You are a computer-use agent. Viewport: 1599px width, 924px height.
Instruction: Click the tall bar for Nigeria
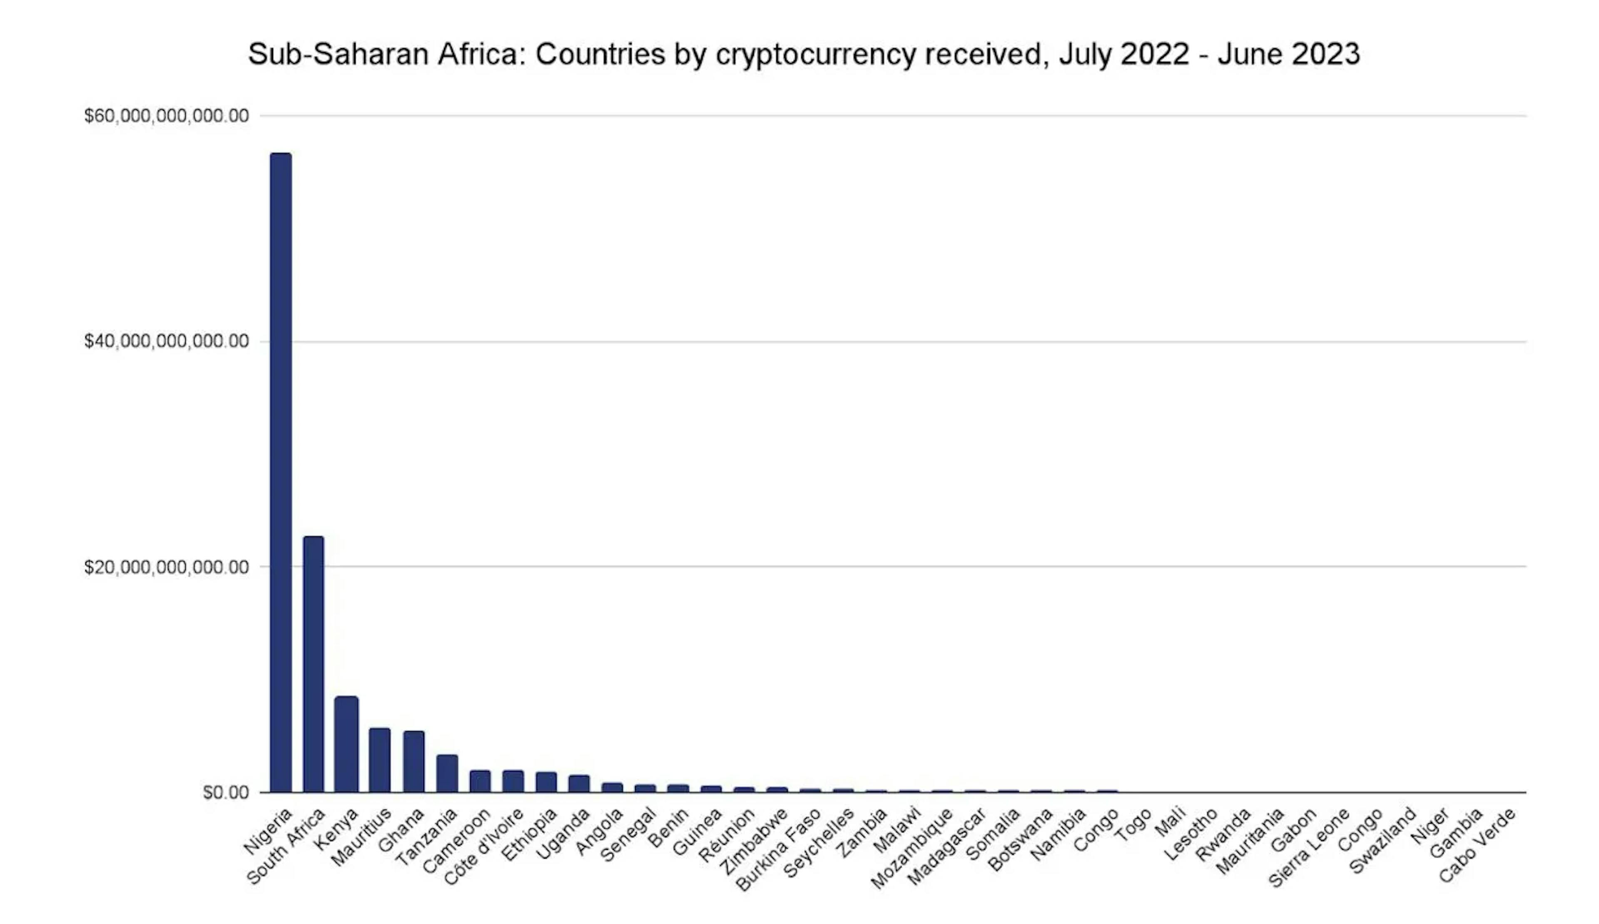coord(281,472)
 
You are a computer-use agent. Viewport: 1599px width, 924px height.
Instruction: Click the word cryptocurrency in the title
coord(815,55)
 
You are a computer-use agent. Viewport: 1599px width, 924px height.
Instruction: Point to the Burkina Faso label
coord(779,850)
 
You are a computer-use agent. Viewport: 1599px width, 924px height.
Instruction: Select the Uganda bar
coord(579,784)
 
